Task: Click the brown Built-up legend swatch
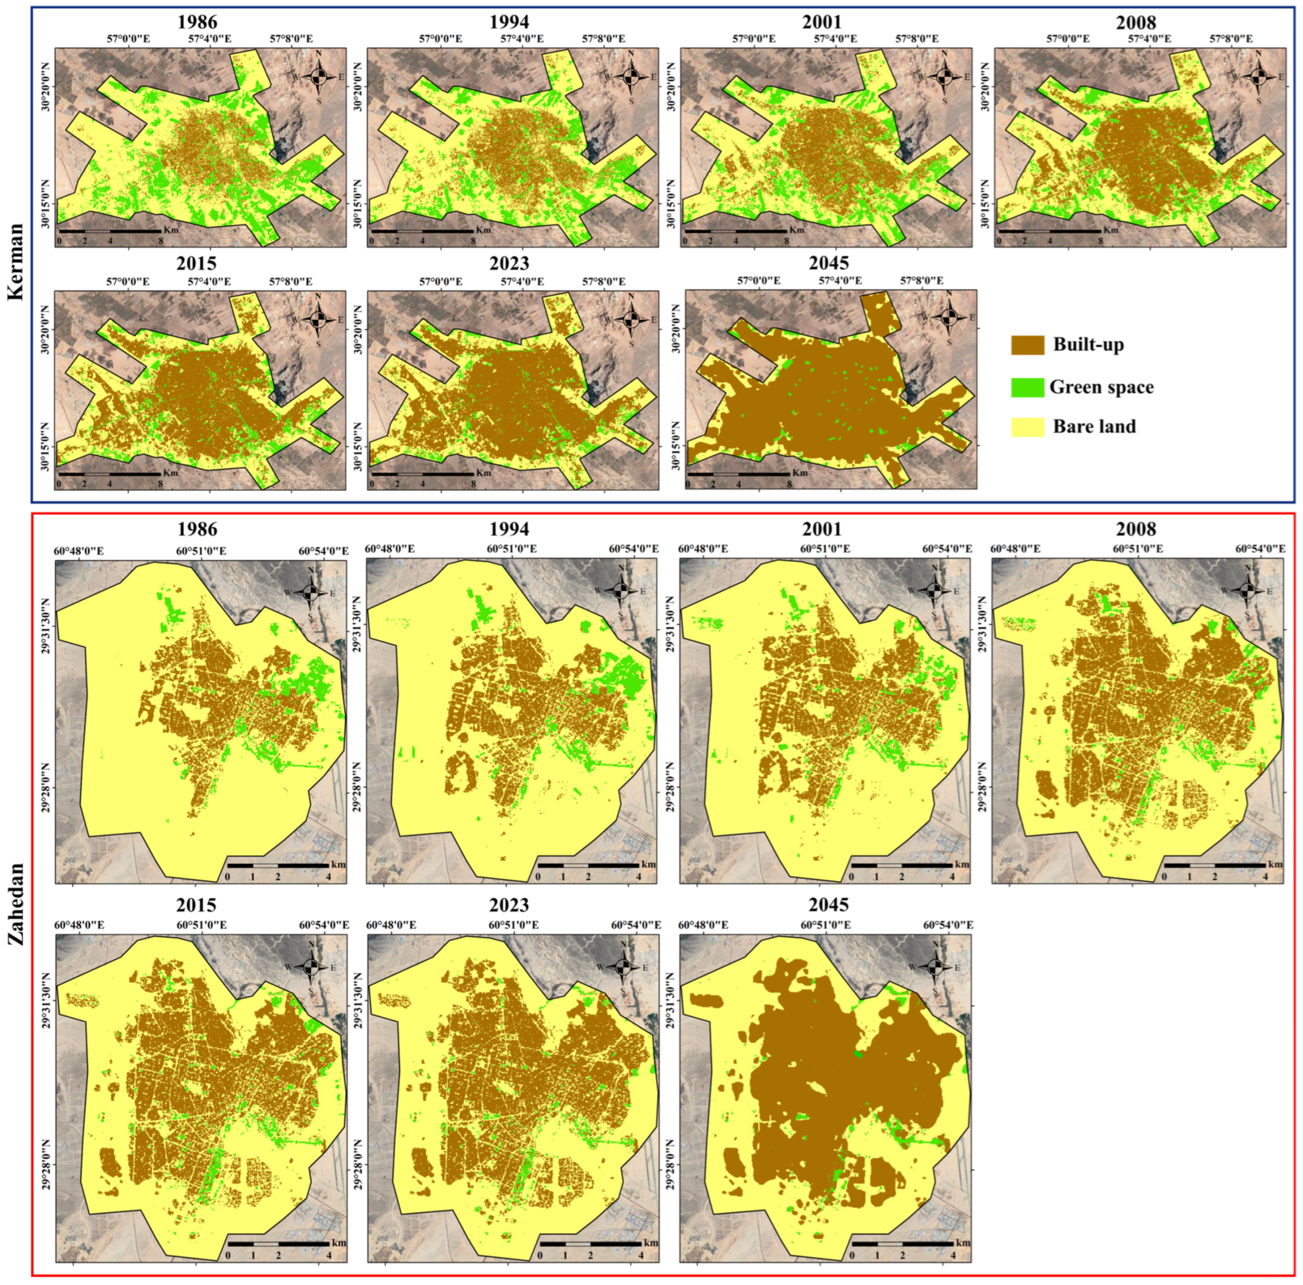[x=1027, y=345]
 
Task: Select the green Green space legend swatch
[x=1027, y=387]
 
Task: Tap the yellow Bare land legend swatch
[x=1027, y=426]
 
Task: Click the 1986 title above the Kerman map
[x=197, y=22]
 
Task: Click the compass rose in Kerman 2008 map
[x=1257, y=77]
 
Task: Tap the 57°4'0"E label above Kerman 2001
[x=835, y=39]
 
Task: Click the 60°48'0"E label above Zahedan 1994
[x=390, y=549]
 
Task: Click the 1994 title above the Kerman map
[x=510, y=22]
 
